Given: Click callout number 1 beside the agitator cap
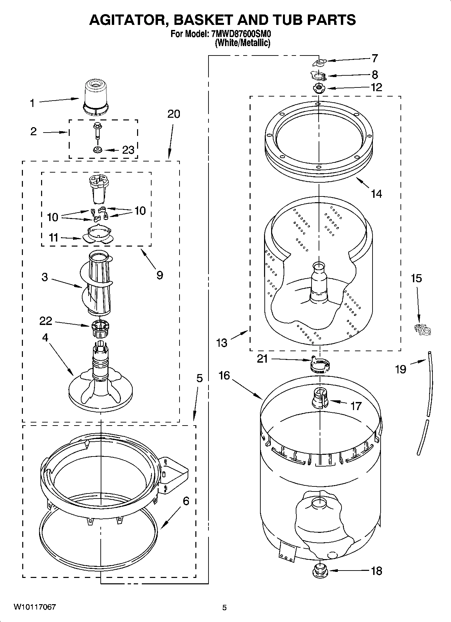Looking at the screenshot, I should click(x=32, y=103).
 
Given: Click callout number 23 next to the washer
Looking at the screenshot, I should click(x=128, y=150).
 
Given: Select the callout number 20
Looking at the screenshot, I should click(x=174, y=114).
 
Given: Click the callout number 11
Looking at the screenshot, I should click(x=54, y=238).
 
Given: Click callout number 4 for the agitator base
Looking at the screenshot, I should click(x=45, y=337).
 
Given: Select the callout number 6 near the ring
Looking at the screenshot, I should click(x=186, y=501).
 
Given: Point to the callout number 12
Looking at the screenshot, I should click(x=376, y=87).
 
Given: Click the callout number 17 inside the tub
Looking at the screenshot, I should click(x=356, y=406).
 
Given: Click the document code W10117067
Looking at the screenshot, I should click(x=35, y=607).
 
